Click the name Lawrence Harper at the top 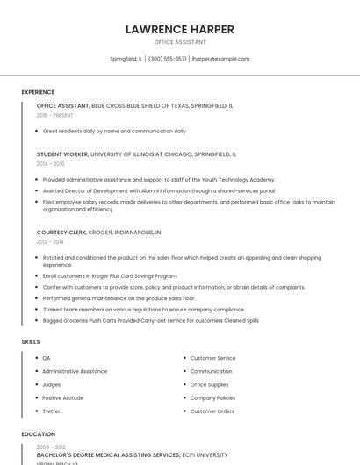click(x=179, y=29)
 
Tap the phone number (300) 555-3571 click(x=167, y=59)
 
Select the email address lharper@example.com click(x=221, y=59)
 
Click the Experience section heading click(x=38, y=92)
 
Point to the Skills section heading click(x=31, y=341)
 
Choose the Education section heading click(x=38, y=434)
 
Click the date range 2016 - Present click(x=54, y=115)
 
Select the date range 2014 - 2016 click(x=50, y=163)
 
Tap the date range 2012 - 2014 click(x=50, y=241)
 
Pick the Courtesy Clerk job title click(x=61, y=232)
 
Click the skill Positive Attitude click(x=63, y=397)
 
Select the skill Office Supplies click(x=210, y=384)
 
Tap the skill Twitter click(x=52, y=411)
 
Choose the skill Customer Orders click(x=212, y=411)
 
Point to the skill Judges click(x=52, y=384)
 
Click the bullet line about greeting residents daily click(x=114, y=131)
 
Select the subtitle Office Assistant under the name click(x=180, y=42)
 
